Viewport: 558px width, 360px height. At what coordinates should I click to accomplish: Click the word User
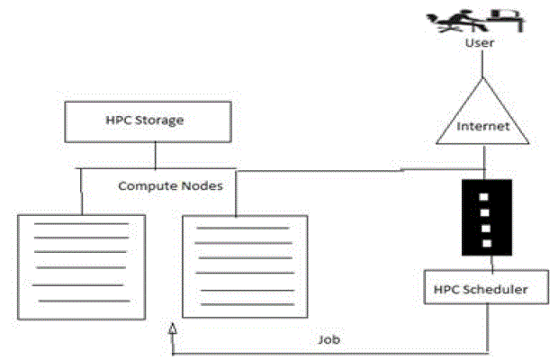pyautogui.click(x=481, y=42)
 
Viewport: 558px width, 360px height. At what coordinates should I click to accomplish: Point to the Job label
pyautogui.click(x=328, y=342)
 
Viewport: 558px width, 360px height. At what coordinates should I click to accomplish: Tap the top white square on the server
pyautogui.click(x=486, y=195)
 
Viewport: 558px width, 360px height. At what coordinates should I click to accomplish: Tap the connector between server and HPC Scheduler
pyautogui.click(x=491, y=264)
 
